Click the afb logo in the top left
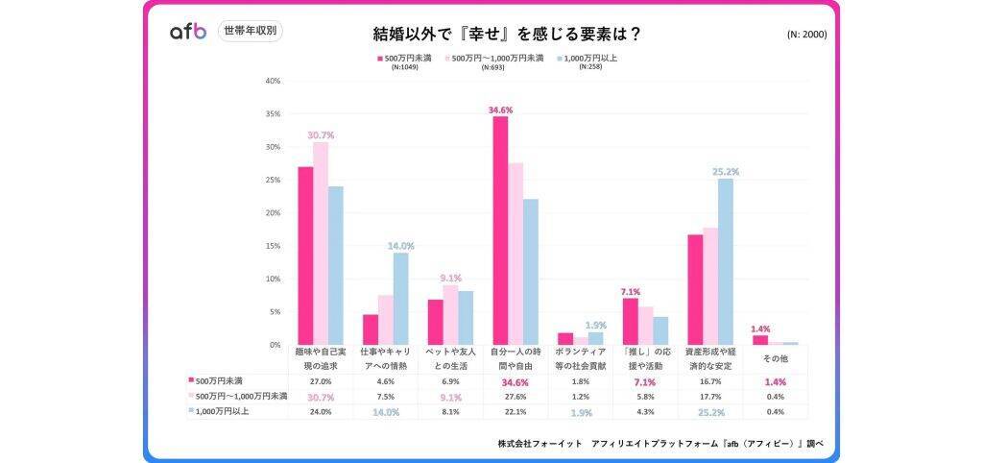187,32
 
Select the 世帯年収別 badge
250,31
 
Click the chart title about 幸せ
507,35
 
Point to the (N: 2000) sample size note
806,35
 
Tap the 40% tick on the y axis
272,81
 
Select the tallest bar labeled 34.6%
500,231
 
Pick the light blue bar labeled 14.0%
400,298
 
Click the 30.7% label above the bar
321,135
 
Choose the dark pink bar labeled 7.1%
631,321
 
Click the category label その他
775,359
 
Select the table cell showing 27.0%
320,380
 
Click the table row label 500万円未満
220,380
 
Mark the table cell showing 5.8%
645,396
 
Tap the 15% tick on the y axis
272,246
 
